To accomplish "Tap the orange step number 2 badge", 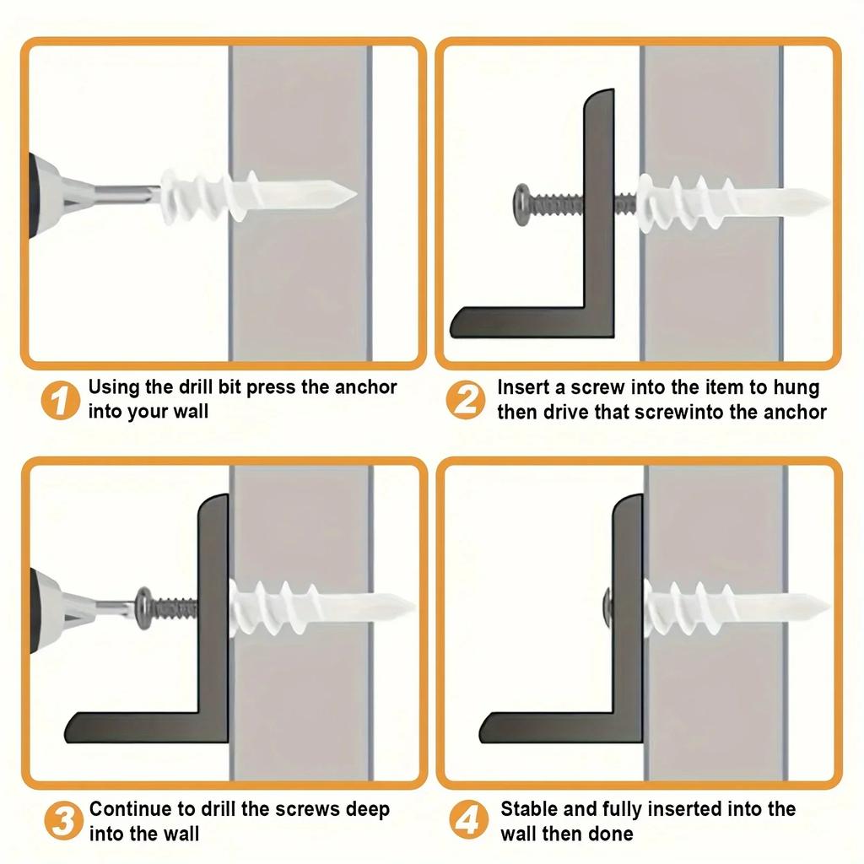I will point(465,400).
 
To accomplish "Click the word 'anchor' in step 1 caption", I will point(364,387).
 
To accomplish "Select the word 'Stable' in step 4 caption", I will point(529,809).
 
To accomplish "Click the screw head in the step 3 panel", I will point(145,605).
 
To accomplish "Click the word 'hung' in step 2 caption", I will point(796,387).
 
